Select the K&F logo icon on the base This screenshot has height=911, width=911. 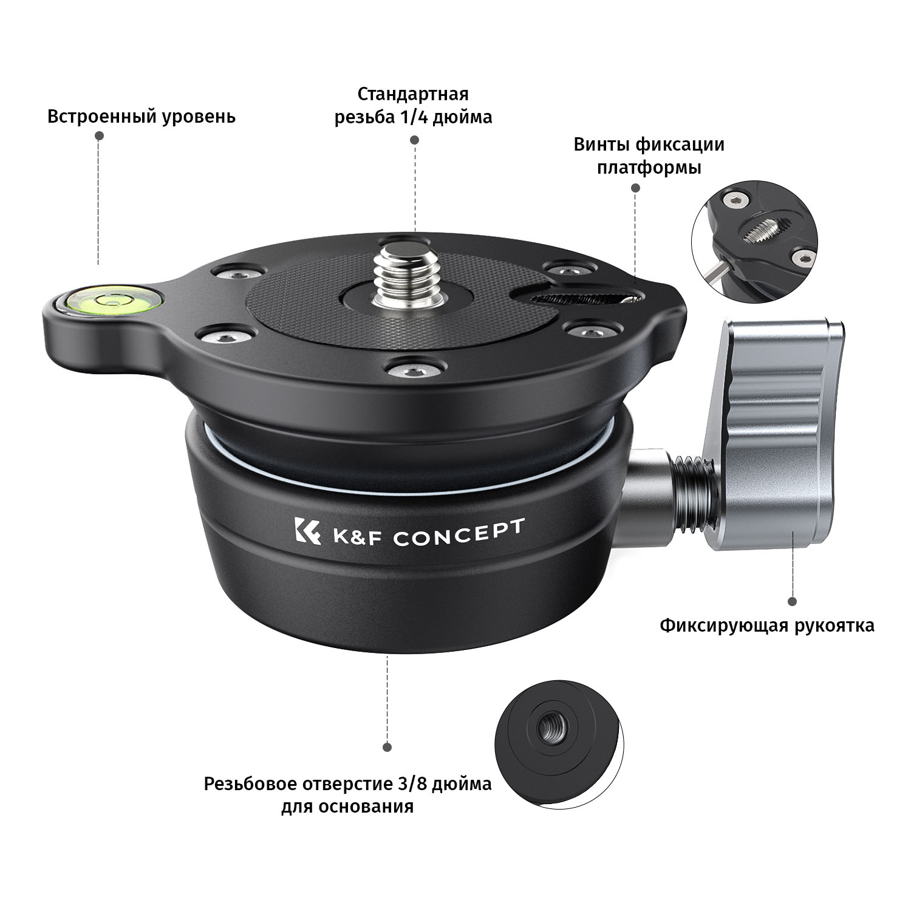307,533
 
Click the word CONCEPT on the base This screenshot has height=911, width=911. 458,532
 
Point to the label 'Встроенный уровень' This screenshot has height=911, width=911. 142,116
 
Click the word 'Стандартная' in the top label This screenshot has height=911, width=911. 413,94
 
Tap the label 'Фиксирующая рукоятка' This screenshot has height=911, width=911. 768,625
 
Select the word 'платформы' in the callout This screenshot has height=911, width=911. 649,168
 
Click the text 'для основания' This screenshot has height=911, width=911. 347,807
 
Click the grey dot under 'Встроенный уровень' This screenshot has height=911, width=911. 99,137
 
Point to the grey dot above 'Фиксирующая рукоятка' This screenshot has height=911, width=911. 792,601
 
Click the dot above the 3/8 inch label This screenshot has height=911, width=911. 387,747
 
